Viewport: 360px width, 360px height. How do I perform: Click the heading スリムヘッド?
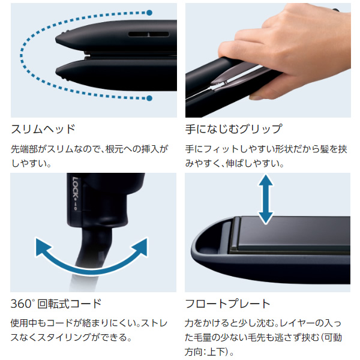tap(43, 129)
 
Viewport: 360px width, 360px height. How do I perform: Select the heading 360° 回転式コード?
tap(56, 303)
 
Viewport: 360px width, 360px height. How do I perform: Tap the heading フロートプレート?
tap(228, 303)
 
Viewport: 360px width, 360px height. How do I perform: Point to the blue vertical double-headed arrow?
tap(265, 200)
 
